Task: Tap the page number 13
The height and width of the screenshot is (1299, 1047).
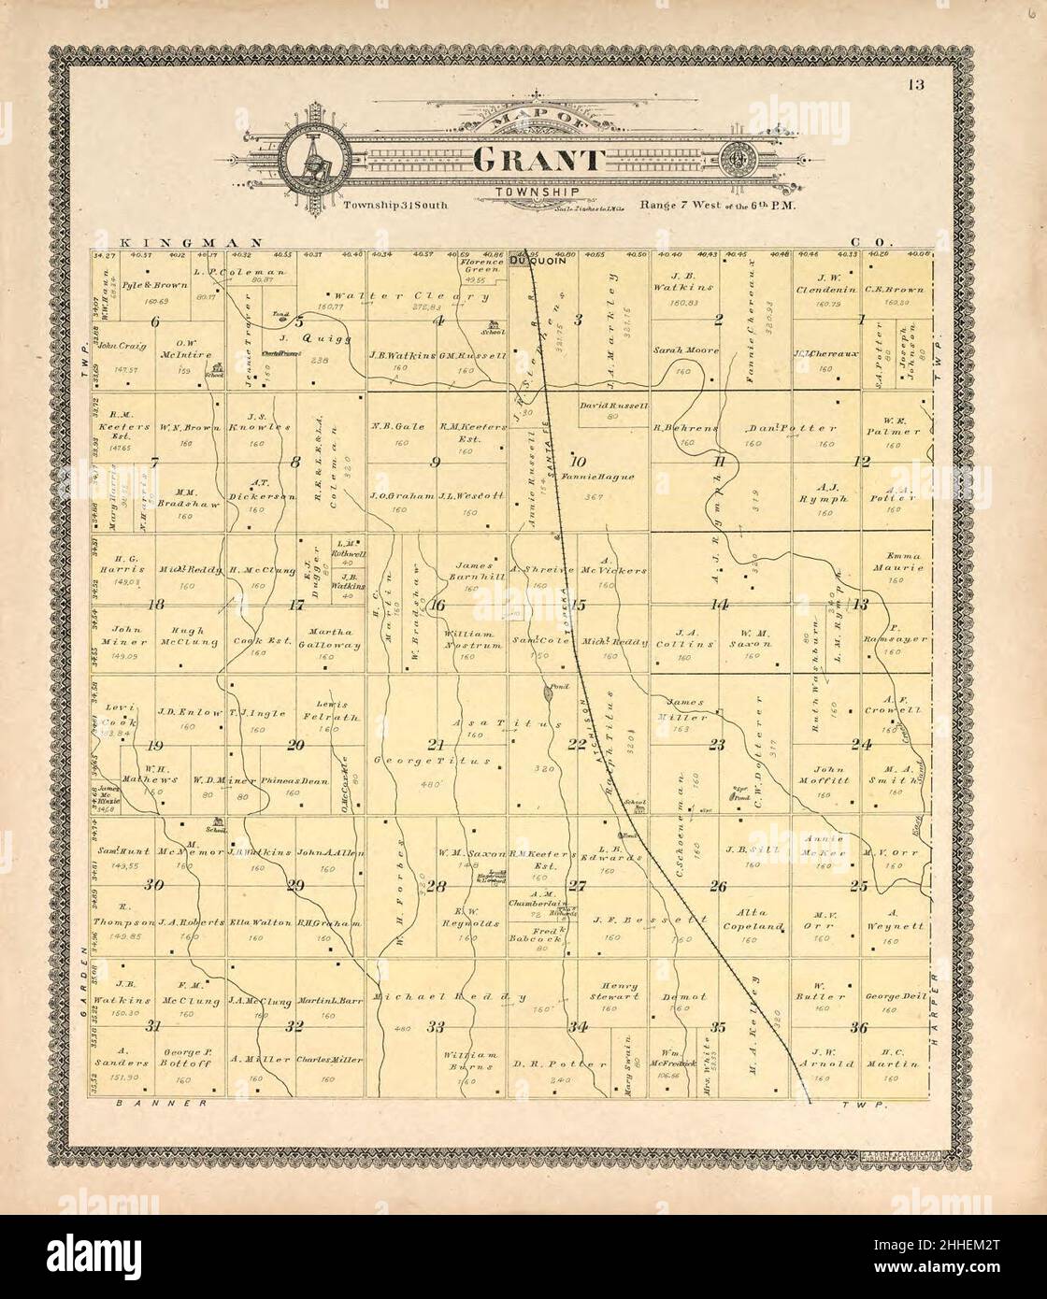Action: (x=914, y=86)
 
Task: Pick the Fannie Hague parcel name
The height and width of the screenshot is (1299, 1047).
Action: (x=599, y=477)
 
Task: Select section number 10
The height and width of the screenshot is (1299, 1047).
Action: (x=578, y=461)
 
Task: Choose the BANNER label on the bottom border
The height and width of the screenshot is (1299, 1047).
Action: (x=162, y=1104)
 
